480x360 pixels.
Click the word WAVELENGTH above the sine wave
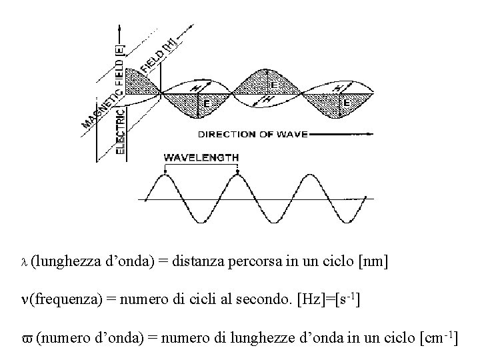click(201, 158)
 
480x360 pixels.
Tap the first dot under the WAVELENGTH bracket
click(165, 175)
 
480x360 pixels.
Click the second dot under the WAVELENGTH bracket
click(238, 175)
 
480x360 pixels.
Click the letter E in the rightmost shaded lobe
click(347, 103)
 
